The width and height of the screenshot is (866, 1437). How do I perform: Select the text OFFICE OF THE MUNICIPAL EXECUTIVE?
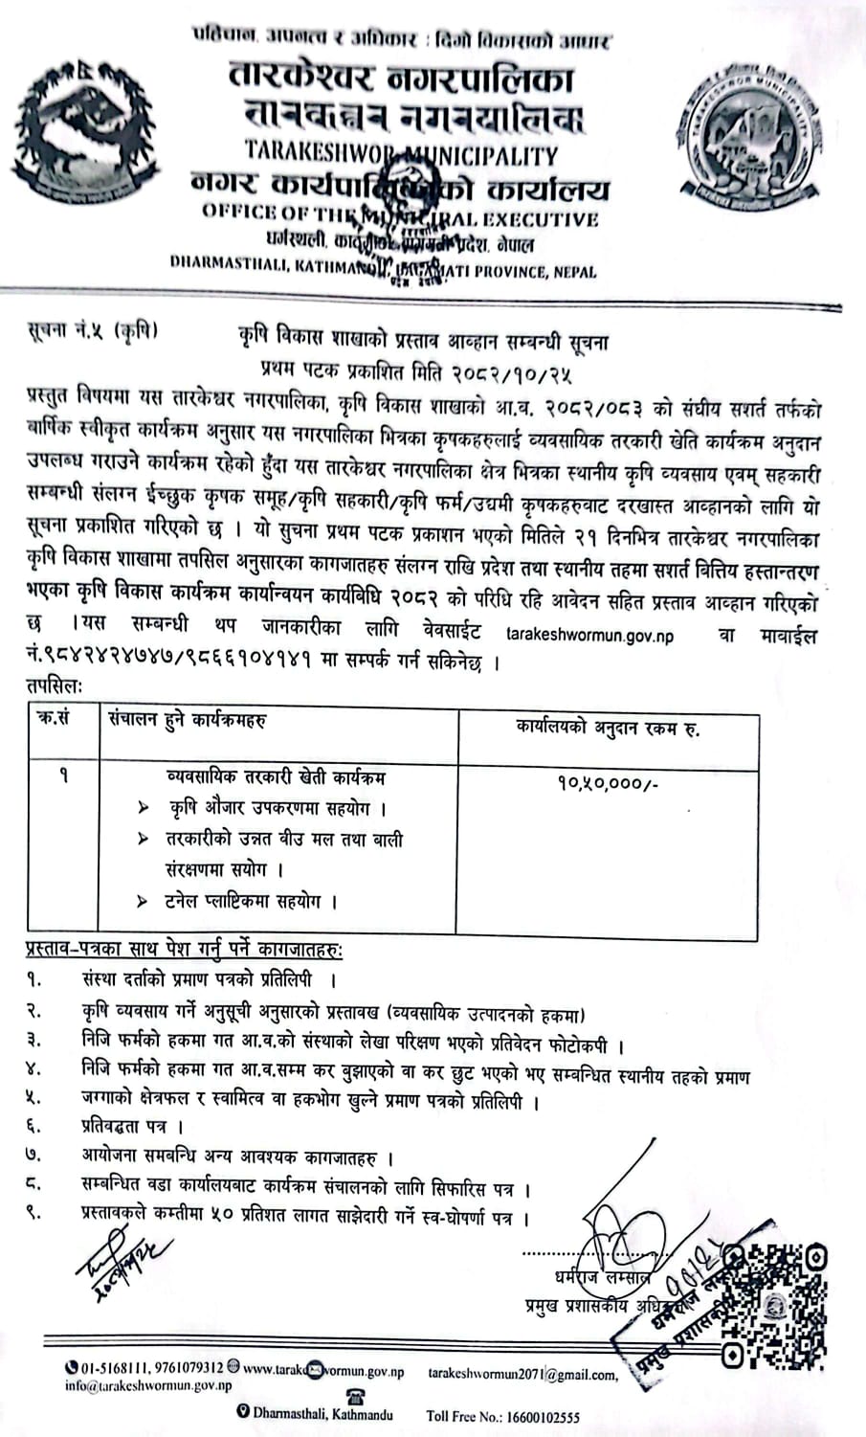click(400, 216)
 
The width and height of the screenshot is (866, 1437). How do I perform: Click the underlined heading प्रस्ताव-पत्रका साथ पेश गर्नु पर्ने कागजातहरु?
click(184, 950)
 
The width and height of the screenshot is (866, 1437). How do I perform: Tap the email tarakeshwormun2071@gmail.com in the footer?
click(522, 1374)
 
